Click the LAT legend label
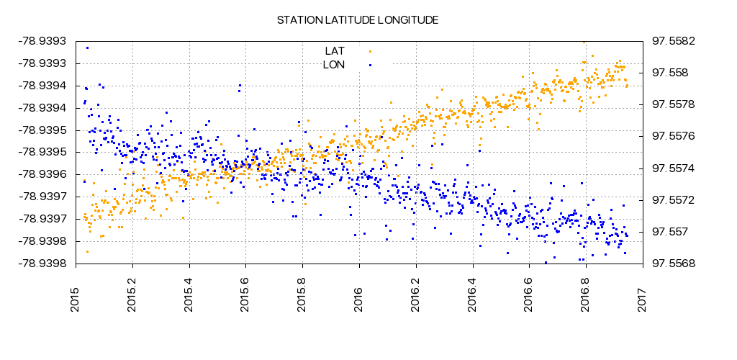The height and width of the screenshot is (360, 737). click(x=335, y=51)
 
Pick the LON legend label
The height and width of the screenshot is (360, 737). click(x=334, y=65)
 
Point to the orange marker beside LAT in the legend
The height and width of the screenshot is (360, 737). click(x=370, y=51)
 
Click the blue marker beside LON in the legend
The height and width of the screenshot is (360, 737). click(x=370, y=65)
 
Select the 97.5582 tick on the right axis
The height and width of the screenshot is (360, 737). click(x=674, y=41)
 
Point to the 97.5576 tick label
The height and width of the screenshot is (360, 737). click(x=674, y=136)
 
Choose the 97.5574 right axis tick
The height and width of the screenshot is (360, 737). click(x=674, y=168)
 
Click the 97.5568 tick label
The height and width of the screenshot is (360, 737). click(x=674, y=264)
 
